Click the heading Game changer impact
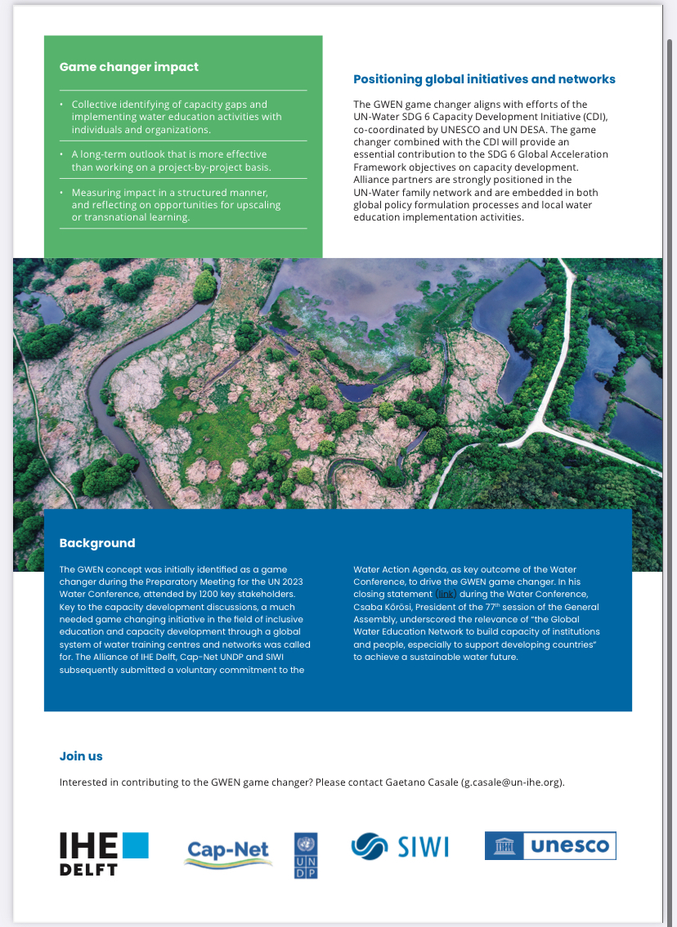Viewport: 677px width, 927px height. [x=129, y=67]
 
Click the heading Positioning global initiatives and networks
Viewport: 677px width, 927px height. [x=484, y=79]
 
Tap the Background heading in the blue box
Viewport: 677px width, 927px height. [x=97, y=543]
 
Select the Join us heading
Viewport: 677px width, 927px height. [x=81, y=756]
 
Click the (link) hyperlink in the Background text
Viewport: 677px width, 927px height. [x=446, y=594]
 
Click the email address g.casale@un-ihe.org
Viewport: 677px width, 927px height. [x=511, y=782]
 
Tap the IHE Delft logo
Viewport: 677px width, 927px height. [x=104, y=853]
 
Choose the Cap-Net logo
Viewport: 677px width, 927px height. [x=228, y=853]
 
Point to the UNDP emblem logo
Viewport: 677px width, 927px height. [x=306, y=855]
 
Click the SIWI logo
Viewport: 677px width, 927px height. [x=400, y=846]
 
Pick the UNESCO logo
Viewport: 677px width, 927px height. [x=550, y=846]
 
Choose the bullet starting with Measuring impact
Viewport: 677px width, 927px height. [x=176, y=204]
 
